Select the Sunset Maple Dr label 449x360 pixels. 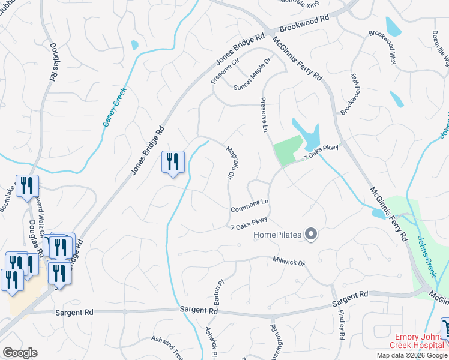[253, 75]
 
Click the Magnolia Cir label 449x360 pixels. [230, 162]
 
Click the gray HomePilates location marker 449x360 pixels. [311, 233]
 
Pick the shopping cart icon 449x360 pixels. [445, 328]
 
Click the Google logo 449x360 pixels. [20, 353]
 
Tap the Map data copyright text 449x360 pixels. [412, 355]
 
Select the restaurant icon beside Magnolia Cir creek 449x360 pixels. [173, 162]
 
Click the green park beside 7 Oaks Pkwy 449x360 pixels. [288, 150]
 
